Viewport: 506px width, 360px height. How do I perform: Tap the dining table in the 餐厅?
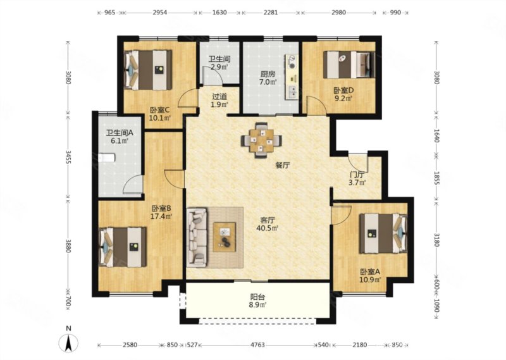click(x=261, y=140)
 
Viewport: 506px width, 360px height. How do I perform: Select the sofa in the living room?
click(x=197, y=238)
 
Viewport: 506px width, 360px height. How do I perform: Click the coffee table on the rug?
click(x=224, y=237)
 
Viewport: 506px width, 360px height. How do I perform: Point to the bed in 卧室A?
click(x=383, y=233)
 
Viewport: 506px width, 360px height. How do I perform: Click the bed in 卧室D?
click(x=349, y=65)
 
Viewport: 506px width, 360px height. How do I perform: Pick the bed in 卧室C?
click(x=148, y=70)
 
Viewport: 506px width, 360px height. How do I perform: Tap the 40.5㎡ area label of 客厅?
click(x=268, y=228)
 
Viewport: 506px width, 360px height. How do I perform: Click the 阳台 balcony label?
click(x=257, y=297)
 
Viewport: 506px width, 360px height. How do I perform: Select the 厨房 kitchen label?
click(x=268, y=73)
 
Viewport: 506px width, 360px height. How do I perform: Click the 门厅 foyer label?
click(x=357, y=175)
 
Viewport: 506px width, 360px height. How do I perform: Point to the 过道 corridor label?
click(x=219, y=96)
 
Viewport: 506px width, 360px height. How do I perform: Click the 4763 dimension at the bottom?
click(x=257, y=345)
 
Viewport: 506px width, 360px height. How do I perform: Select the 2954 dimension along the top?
click(x=160, y=13)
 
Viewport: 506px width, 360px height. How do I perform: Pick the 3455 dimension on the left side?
click(x=68, y=157)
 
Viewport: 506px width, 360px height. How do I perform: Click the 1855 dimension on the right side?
click(x=436, y=177)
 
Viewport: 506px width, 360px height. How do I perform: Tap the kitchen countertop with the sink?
click(x=292, y=77)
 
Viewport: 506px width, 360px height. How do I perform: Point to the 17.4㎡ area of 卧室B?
click(x=161, y=216)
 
